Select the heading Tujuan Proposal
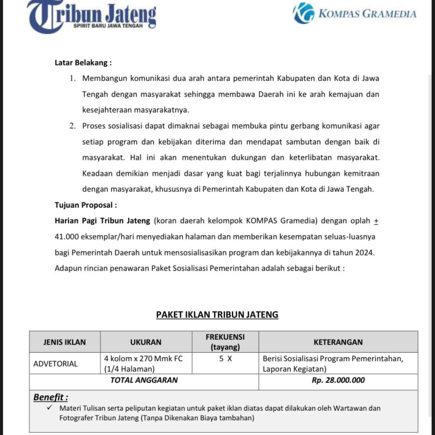tap(86, 205)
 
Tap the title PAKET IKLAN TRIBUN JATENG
tap(217, 315)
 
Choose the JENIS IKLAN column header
tap(65, 342)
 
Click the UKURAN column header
tap(146, 342)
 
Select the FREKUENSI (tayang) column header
tap(225, 342)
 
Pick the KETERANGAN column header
tap(338, 342)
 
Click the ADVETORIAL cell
tap(56, 364)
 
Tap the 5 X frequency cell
tap(225, 359)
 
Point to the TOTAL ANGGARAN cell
tap(144, 380)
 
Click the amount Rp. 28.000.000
tap(338, 380)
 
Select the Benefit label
tap(50, 397)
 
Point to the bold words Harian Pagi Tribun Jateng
tap(103, 221)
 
